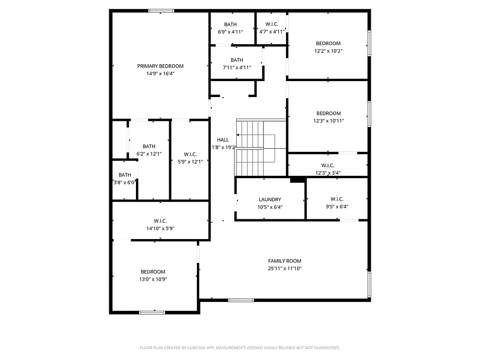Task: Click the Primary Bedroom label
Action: pyautogui.click(x=160, y=66)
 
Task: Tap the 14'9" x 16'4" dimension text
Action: pyautogui.click(x=160, y=74)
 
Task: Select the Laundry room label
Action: pyautogui.click(x=270, y=199)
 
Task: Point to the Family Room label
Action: pyautogui.click(x=285, y=261)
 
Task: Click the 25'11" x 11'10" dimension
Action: pyautogui.click(x=285, y=269)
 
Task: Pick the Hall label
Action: pyautogui.click(x=223, y=140)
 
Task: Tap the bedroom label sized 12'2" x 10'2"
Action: pyautogui.click(x=328, y=44)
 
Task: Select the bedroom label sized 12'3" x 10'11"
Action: pyautogui.click(x=328, y=113)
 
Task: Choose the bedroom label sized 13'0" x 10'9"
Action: pyautogui.click(x=153, y=272)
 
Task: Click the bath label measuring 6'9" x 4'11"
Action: pyautogui.click(x=230, y=24)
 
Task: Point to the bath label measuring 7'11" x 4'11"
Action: pyautogui.click(x=237, y=60)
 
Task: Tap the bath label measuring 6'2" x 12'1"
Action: pyautogui.click(x=149, y=146)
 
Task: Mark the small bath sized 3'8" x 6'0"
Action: pyautogui.click(x=125, y=175)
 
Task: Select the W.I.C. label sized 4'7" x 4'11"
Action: pyautogui.click(x=271, y=24)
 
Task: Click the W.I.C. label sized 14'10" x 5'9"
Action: pyautogui.click(x=160, y=221)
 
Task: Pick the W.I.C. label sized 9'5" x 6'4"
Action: pyautogui.click(x=337, y=199)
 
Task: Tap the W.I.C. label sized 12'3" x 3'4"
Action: pyautogui.click(x=328, y=165)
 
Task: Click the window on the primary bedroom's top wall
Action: pyautogui.click(x=161, y=10)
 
